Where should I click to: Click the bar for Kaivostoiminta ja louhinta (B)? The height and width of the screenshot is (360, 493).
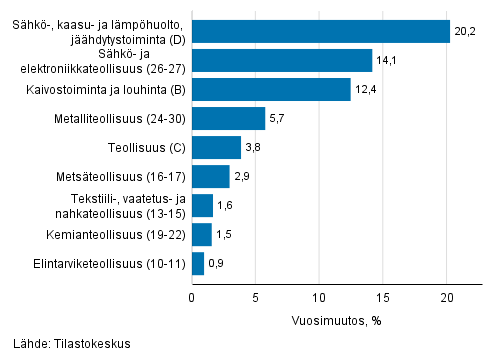[x=271, y=90]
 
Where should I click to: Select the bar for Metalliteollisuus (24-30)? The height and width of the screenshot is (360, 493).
[x=228, y=119]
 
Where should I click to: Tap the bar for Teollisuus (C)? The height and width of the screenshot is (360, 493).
[x=216, y=148]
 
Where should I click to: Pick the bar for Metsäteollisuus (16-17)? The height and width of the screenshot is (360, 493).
[x=210, y=177]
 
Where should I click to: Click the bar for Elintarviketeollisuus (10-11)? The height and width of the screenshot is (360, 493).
[x=197, y=264]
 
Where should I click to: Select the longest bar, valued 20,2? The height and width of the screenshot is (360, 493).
[x=320, y=32]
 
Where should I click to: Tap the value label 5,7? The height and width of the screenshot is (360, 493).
[x=279, y=119]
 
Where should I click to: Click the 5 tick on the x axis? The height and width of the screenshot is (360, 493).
[x=255, y=296]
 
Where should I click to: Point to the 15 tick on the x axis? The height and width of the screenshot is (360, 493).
[x=383, y=296]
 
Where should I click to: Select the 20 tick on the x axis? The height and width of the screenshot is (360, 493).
[x=447, y=296]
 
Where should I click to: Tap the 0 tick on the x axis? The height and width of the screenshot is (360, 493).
[x=192, y=296]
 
